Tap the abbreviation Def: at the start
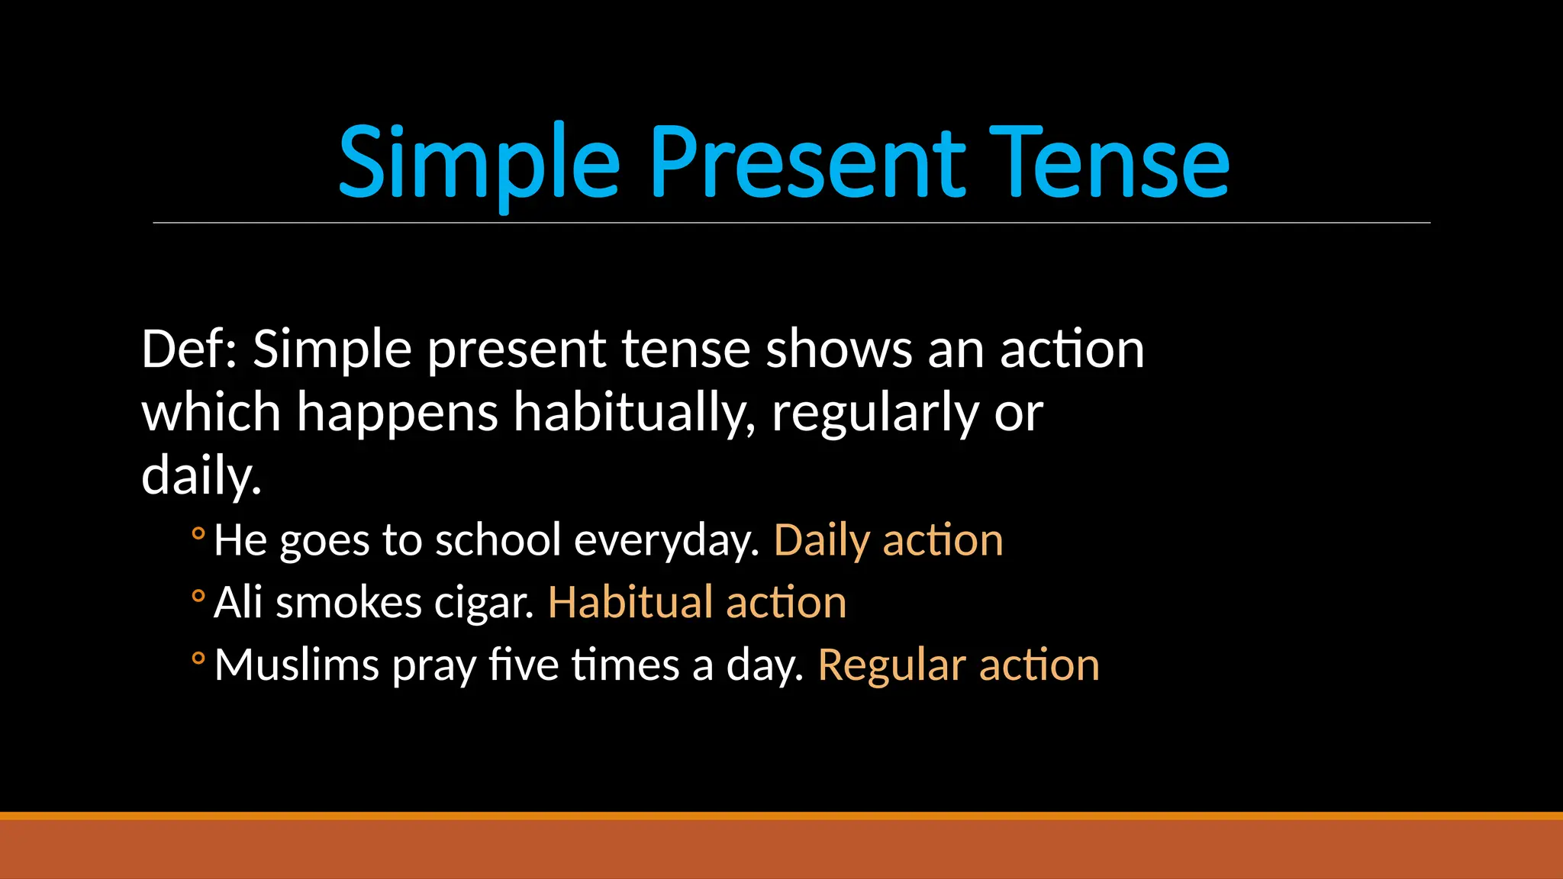coord(189,349)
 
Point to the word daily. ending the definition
coord(201,476)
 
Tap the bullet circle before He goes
coord(198,534)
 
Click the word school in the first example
coord(498,540)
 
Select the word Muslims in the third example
coord(297,665)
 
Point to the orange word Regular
coord(891,665)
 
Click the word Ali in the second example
coord(238,603)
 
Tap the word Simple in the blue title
coord(479,163)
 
